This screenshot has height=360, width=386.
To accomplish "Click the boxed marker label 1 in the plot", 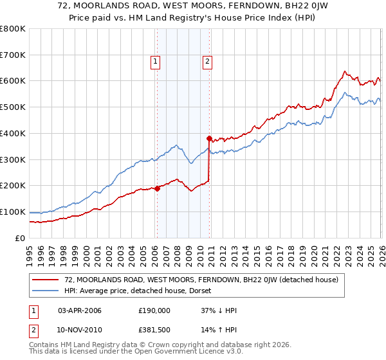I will coord(156,62).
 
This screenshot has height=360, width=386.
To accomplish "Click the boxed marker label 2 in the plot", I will coord(208,62).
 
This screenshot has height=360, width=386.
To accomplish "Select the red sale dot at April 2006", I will coord(157,188).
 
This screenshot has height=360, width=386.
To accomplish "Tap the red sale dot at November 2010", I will coord(209,138).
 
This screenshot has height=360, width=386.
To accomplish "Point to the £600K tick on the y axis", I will coord(13,81).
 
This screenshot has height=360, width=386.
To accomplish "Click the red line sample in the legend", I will coord(46,280).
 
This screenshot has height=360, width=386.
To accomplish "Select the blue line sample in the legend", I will coord(46,291).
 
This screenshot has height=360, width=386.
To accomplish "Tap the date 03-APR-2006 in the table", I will coord(80,310).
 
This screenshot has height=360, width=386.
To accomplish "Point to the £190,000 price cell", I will coord(154,310).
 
